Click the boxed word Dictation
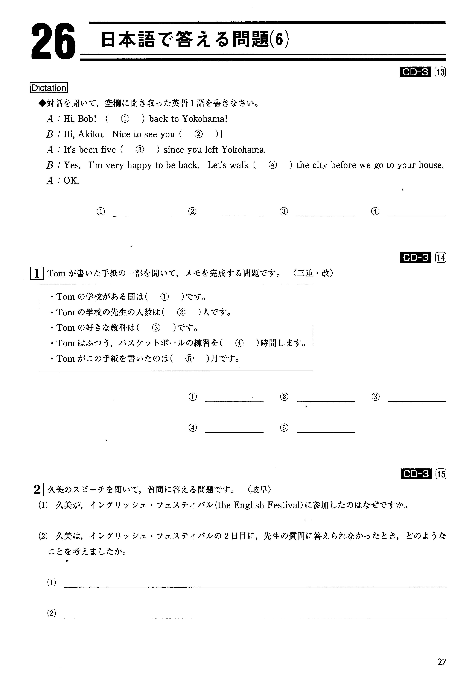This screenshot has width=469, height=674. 49,88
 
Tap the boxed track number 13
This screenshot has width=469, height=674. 440,72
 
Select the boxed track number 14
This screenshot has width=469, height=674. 441,258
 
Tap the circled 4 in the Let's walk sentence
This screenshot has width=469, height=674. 273,165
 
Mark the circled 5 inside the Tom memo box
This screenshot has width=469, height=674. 190,358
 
